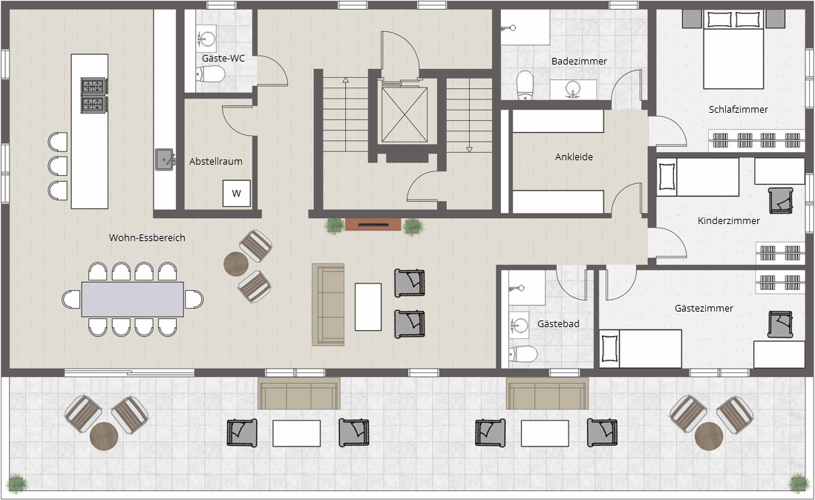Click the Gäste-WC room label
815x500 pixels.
[223, 58]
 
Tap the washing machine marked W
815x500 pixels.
[237, 193]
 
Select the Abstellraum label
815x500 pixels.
[216, 162]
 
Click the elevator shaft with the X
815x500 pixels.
[405, 115]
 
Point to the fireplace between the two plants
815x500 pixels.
[373, 225]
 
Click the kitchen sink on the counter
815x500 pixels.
[165, 159]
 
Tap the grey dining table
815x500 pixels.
[133, 299]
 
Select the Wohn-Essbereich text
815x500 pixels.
[147, 238]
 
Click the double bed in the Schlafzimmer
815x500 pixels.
[733, 50]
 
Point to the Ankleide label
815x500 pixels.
[574, 157]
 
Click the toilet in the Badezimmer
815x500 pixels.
[526, 85]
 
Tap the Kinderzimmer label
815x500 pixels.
[729, 220]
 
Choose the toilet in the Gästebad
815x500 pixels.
[523, 354]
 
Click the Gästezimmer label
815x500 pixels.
[704, 309]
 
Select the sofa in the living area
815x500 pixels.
[328, 304]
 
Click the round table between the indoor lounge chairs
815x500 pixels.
[237, 264]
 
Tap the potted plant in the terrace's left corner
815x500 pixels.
[17, 483]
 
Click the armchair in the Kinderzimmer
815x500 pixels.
[781, 200]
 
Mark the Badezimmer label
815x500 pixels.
[579, 62]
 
